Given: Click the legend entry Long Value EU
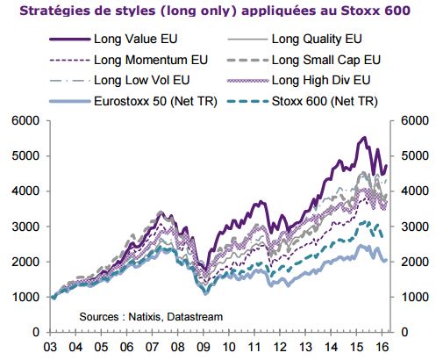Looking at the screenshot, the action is tap(113, 39).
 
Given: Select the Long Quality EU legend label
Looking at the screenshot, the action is tap(295, 39).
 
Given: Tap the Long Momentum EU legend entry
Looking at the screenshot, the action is tap(129, 60).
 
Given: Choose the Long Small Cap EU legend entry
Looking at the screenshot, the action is tap(304, 60).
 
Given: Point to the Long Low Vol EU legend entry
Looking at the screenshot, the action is tap(119, 80).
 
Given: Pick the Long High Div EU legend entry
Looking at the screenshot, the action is tap(299, 80).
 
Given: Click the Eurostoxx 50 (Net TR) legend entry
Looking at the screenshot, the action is tap(133, 101).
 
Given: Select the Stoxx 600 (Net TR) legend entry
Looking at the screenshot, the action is tap(303, 101).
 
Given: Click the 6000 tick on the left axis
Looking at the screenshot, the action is tap(25, 120).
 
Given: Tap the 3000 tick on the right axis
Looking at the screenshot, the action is tap(415, 227).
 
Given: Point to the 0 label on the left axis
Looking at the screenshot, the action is tap(36, 332).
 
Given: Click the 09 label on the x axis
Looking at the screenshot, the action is tap(204, 347).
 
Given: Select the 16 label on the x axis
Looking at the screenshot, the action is tap(382, 347).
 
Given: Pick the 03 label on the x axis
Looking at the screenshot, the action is tap(50, 347).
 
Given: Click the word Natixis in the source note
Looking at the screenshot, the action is tap(146, 317).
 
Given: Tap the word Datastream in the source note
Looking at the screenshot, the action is tap(195, 317).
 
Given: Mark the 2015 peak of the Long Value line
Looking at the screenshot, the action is tap(364, 137).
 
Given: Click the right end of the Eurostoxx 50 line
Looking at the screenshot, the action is tap(386, 260).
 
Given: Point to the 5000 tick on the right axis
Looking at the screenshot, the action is tap(415, 155).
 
